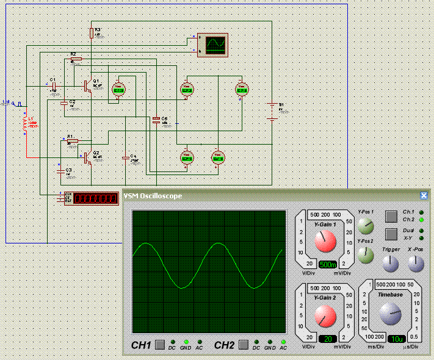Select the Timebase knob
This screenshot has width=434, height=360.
point(389,315)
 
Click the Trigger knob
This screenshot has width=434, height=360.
point(390,264)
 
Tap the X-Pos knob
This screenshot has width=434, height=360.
point(416,264)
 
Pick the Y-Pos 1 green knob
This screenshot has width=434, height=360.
point(366,228)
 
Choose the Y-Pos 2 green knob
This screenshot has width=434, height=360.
point(366,255)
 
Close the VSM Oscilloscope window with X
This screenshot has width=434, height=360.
point(424,196)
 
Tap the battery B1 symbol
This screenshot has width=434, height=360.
point(272,112)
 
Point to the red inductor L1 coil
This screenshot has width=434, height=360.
point(26,124)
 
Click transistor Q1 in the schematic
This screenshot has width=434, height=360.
point(88,85)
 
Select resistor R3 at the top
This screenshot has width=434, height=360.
point(92,32)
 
